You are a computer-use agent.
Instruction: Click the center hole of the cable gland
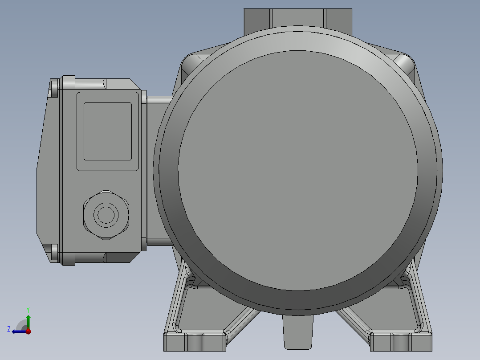point(106,215)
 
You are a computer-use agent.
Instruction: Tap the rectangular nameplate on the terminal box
point(108,131)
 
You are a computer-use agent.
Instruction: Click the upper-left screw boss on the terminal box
point(54,88)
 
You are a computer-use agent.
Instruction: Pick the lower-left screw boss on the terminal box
point(54,252)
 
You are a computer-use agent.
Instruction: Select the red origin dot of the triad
point(28,331)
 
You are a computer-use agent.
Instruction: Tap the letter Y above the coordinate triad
point(28,309)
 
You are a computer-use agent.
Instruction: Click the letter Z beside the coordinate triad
point(9,329)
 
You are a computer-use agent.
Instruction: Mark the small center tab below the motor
point(297,332)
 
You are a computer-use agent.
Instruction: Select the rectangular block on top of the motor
point(297,18)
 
